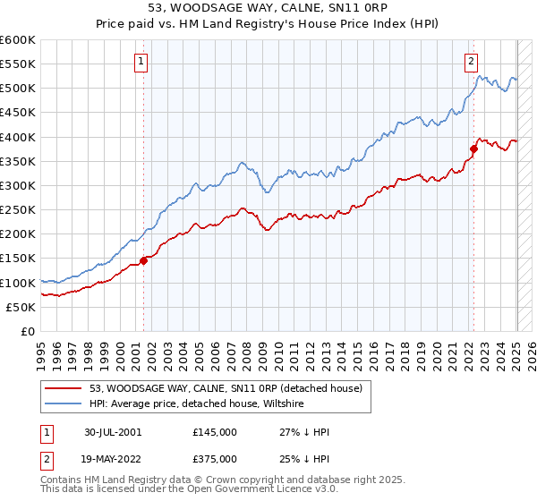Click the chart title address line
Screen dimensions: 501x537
click(x=268, y=8)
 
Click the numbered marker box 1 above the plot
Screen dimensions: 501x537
click(x=142, y=62)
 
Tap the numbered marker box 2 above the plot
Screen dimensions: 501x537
click(x=471, y=62)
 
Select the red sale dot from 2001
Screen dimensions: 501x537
click(x=143, y=260)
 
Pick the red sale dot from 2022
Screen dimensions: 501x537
click(x=473, y=149)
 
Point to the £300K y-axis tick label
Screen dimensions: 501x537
click(x=18, y=185)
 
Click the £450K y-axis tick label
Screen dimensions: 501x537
click(x=18, y=113)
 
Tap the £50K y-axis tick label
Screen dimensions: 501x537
click(x=21, y=307)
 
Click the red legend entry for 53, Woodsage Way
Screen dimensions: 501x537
click(x=225, y=389)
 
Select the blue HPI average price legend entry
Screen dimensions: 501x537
click(x=197, y=404)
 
